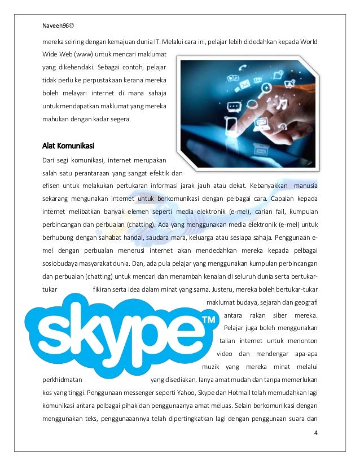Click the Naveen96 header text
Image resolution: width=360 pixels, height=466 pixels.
[61, 25]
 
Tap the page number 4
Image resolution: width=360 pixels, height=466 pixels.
[315, 433]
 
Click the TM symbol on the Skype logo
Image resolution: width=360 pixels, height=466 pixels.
[209, 320]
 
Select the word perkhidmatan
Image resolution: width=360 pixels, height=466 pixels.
[63, 379]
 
